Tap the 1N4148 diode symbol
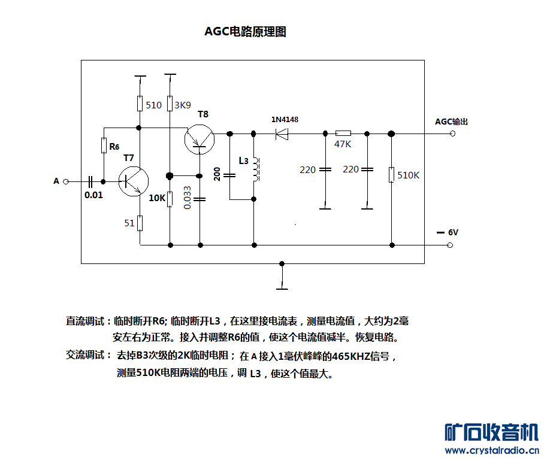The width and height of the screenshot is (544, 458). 281,134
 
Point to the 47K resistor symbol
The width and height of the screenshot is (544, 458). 343,134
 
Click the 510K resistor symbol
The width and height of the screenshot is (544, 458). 391,175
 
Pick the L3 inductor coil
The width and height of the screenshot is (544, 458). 255,169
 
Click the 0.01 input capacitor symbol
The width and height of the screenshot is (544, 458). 90,181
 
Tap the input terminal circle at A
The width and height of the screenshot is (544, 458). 66,181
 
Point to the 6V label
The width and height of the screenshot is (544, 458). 452,232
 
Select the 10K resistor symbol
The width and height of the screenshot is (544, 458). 170,199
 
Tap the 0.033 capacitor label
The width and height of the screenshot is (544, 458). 188,198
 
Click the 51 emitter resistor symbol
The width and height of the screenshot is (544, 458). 140,223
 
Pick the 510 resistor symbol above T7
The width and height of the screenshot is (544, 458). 140,104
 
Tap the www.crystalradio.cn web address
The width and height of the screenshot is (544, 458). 492,450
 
